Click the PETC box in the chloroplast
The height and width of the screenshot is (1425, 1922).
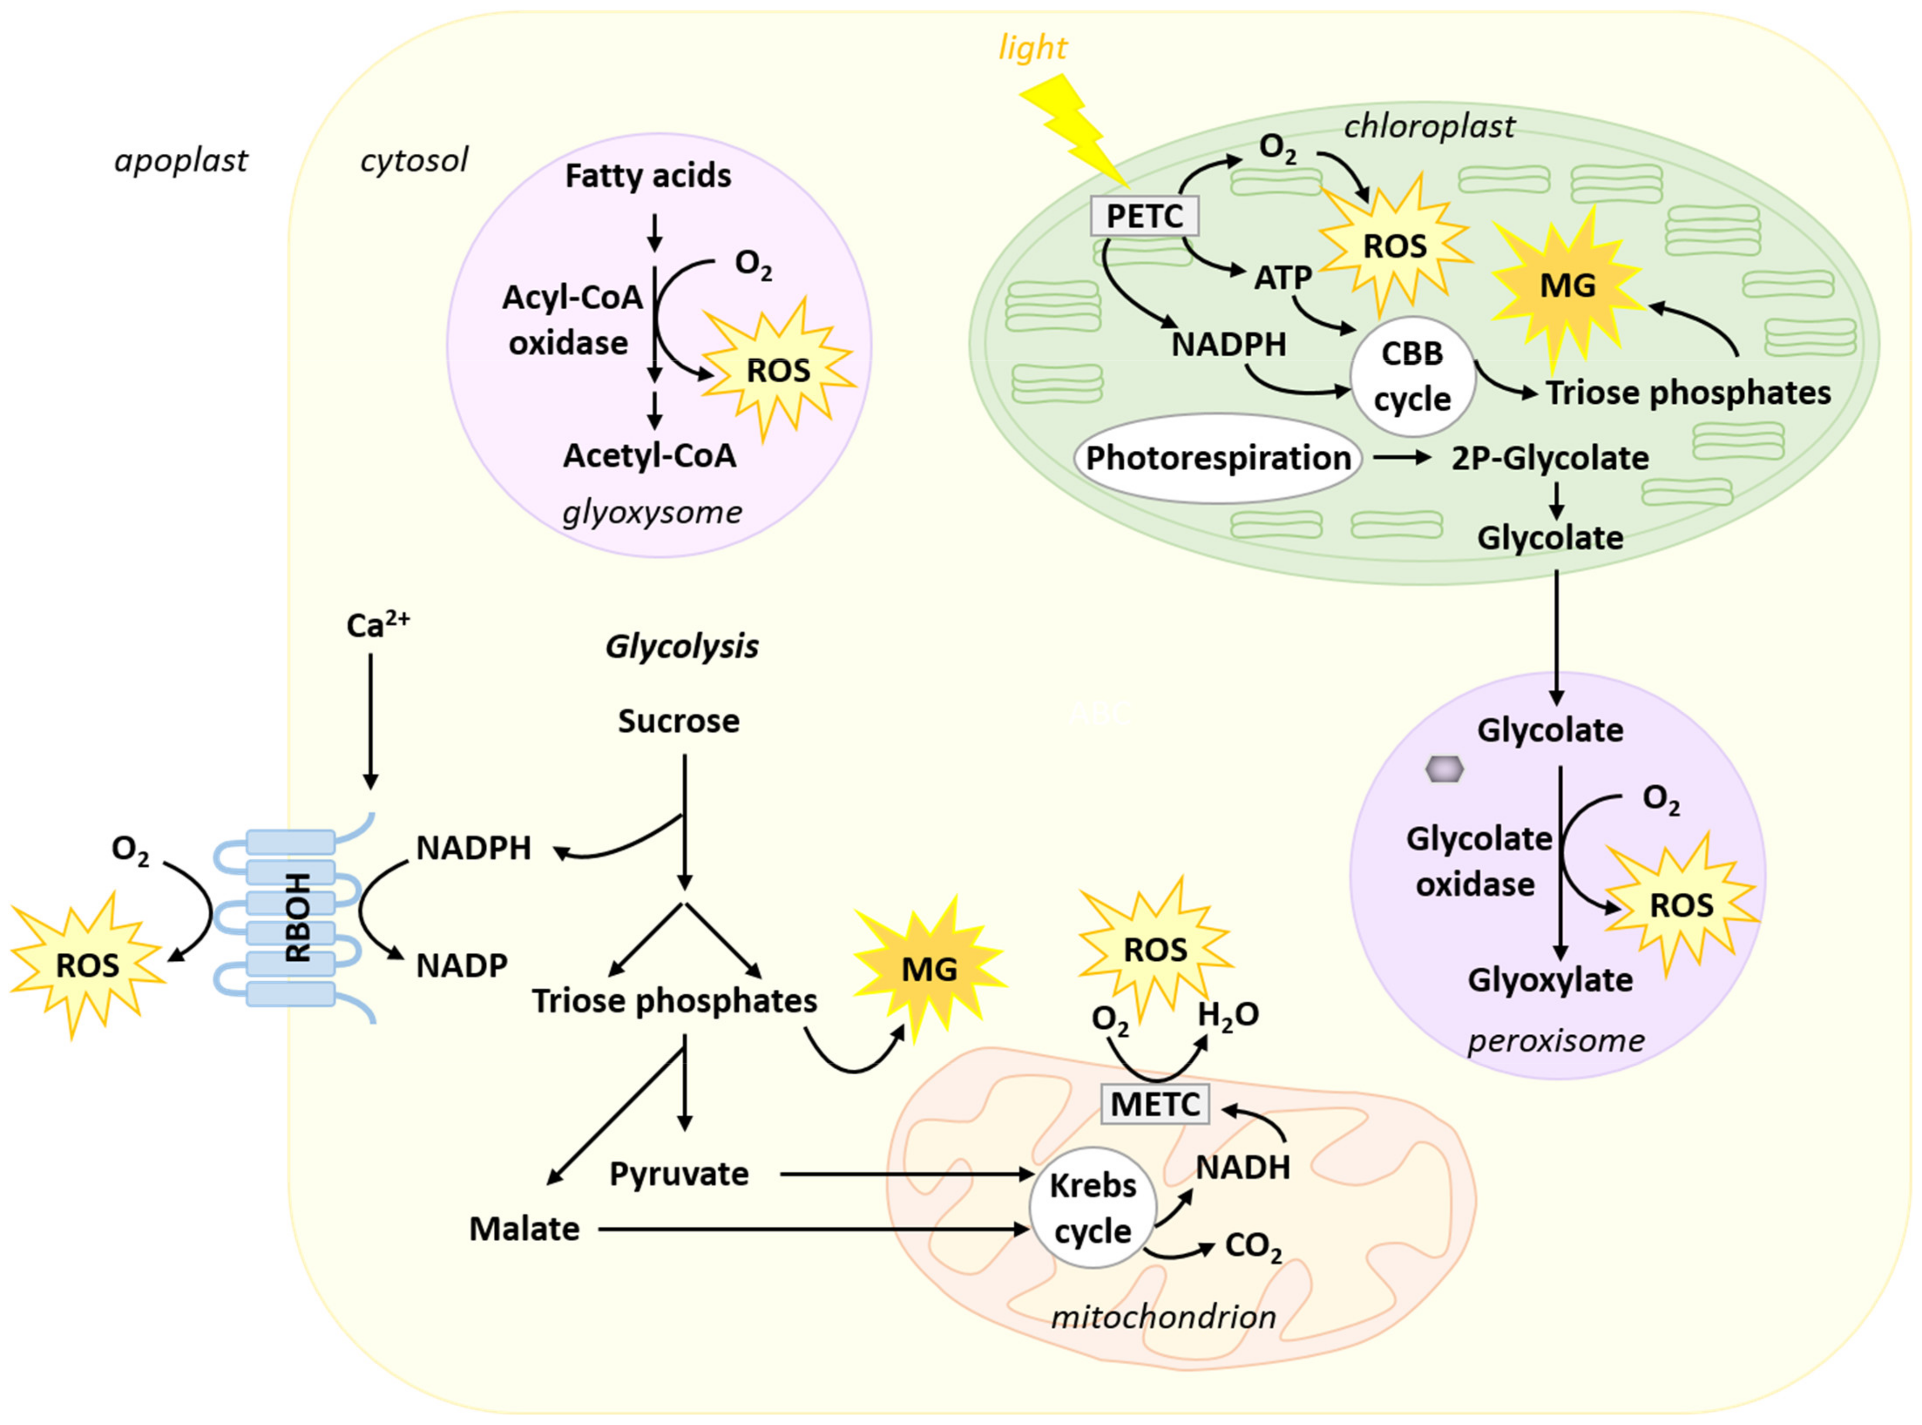[1144, 216]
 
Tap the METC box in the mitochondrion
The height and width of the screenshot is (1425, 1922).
[1155, 1104]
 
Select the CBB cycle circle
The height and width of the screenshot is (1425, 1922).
[1412, 377]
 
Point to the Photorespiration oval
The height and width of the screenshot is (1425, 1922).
[1217, 458]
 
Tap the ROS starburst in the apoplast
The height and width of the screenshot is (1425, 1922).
[87, 965]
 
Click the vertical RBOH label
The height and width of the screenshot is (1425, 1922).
[298, 917]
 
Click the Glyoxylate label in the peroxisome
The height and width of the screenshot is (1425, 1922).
[1550, 980]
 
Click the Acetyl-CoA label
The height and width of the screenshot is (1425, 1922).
[650, 456]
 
